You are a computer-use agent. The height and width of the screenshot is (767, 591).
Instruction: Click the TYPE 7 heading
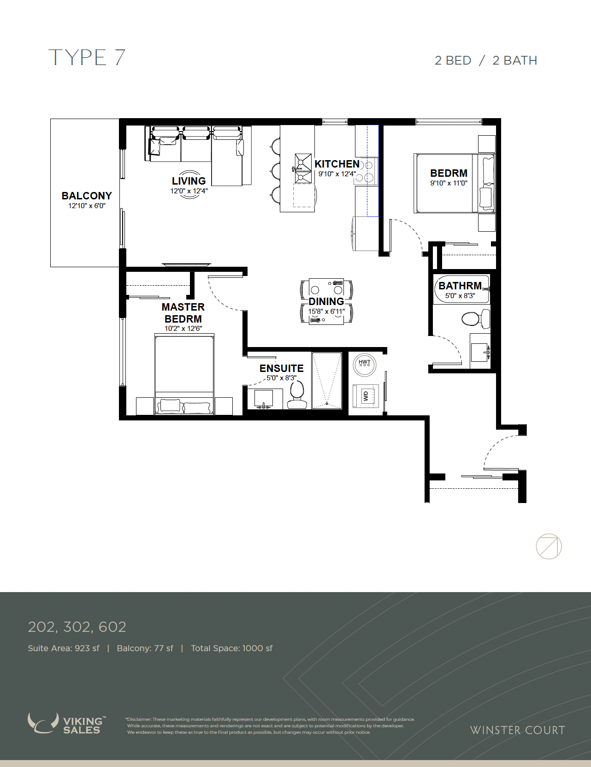[87, 58]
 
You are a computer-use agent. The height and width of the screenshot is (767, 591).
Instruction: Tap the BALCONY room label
[87, 196]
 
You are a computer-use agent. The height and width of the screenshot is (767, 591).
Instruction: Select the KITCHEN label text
[337, 164]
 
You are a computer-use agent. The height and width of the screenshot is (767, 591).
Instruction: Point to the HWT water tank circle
[364, 365]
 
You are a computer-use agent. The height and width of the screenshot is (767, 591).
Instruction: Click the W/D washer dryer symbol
[366, 396]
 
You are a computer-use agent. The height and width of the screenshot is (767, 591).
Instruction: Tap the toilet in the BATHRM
[476, 319]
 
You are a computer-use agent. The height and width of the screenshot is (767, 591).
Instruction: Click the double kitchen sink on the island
[303, 168]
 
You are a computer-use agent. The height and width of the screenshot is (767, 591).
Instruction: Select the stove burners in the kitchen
[366, 171]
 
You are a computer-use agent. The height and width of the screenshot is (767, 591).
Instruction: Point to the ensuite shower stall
[327, 380]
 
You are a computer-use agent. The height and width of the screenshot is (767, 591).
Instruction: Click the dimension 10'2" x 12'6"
[183, 329]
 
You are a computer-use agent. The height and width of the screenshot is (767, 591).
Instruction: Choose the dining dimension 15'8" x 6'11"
[326, 312]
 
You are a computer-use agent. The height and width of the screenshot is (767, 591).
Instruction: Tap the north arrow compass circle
[549, 546]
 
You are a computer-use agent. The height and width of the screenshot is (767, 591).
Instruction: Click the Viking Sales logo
[67, 723]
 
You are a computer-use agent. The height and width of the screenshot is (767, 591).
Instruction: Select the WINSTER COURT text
[518, 730]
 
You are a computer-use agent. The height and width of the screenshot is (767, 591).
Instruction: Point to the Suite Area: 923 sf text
[64, 648]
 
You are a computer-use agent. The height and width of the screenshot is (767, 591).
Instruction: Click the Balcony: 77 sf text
[145, 648]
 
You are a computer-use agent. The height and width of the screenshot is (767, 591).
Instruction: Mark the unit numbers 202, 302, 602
[77, 627]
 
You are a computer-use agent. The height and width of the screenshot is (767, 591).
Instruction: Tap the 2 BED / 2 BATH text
[486, 60]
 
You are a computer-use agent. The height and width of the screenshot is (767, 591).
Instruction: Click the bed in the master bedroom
[184, 374]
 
